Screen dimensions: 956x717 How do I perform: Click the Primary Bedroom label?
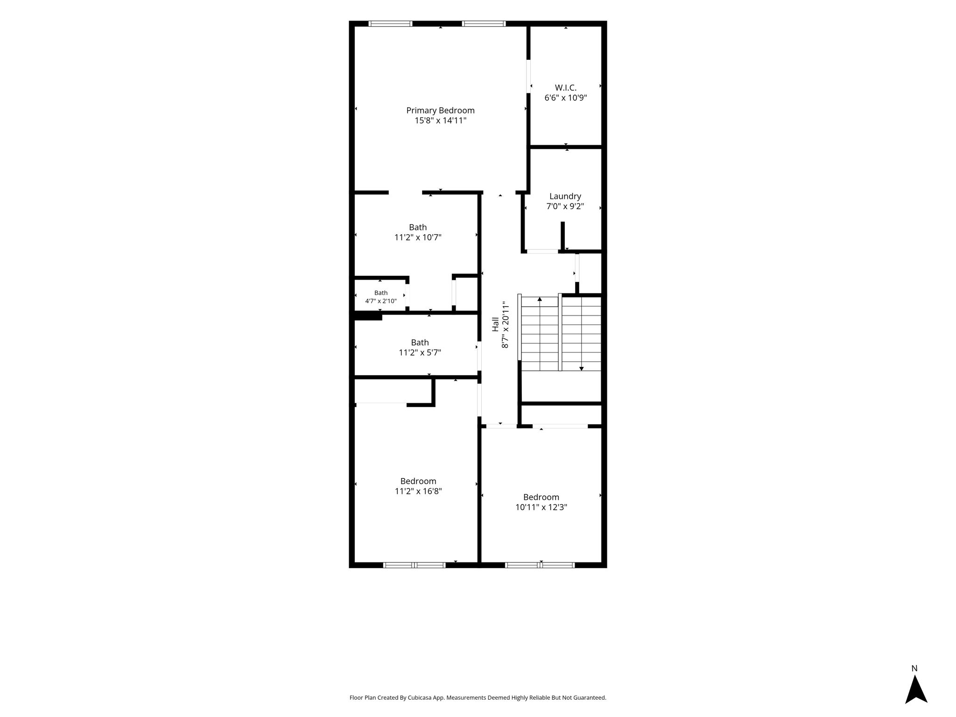click(440, 111)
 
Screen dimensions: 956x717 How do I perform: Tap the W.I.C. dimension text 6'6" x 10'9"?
click(565, 98)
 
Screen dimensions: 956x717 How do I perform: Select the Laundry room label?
click(565, 197)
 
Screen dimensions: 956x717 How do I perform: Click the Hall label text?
click(495, 324)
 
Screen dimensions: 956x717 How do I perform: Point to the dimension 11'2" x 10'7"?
click(418, 237)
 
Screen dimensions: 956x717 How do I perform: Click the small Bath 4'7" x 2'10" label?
click(381, 297)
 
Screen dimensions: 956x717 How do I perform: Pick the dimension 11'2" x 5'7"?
click(420, 352)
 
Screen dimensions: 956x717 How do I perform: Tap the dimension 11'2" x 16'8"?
click(418, 491)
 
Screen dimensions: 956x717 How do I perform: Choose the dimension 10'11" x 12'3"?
click(541, 507)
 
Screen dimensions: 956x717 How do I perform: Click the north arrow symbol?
click(916, 689)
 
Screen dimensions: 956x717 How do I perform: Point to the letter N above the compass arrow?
click(914, 668)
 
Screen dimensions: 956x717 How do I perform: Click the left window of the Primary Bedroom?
click(390, 23)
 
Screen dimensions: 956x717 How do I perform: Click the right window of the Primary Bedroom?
click(484, 23)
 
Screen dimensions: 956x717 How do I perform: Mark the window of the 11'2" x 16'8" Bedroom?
click(415, 565)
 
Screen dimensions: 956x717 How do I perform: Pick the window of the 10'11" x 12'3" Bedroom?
click(540, 565)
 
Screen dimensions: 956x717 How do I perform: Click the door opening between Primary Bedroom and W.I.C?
click(528, 77)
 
